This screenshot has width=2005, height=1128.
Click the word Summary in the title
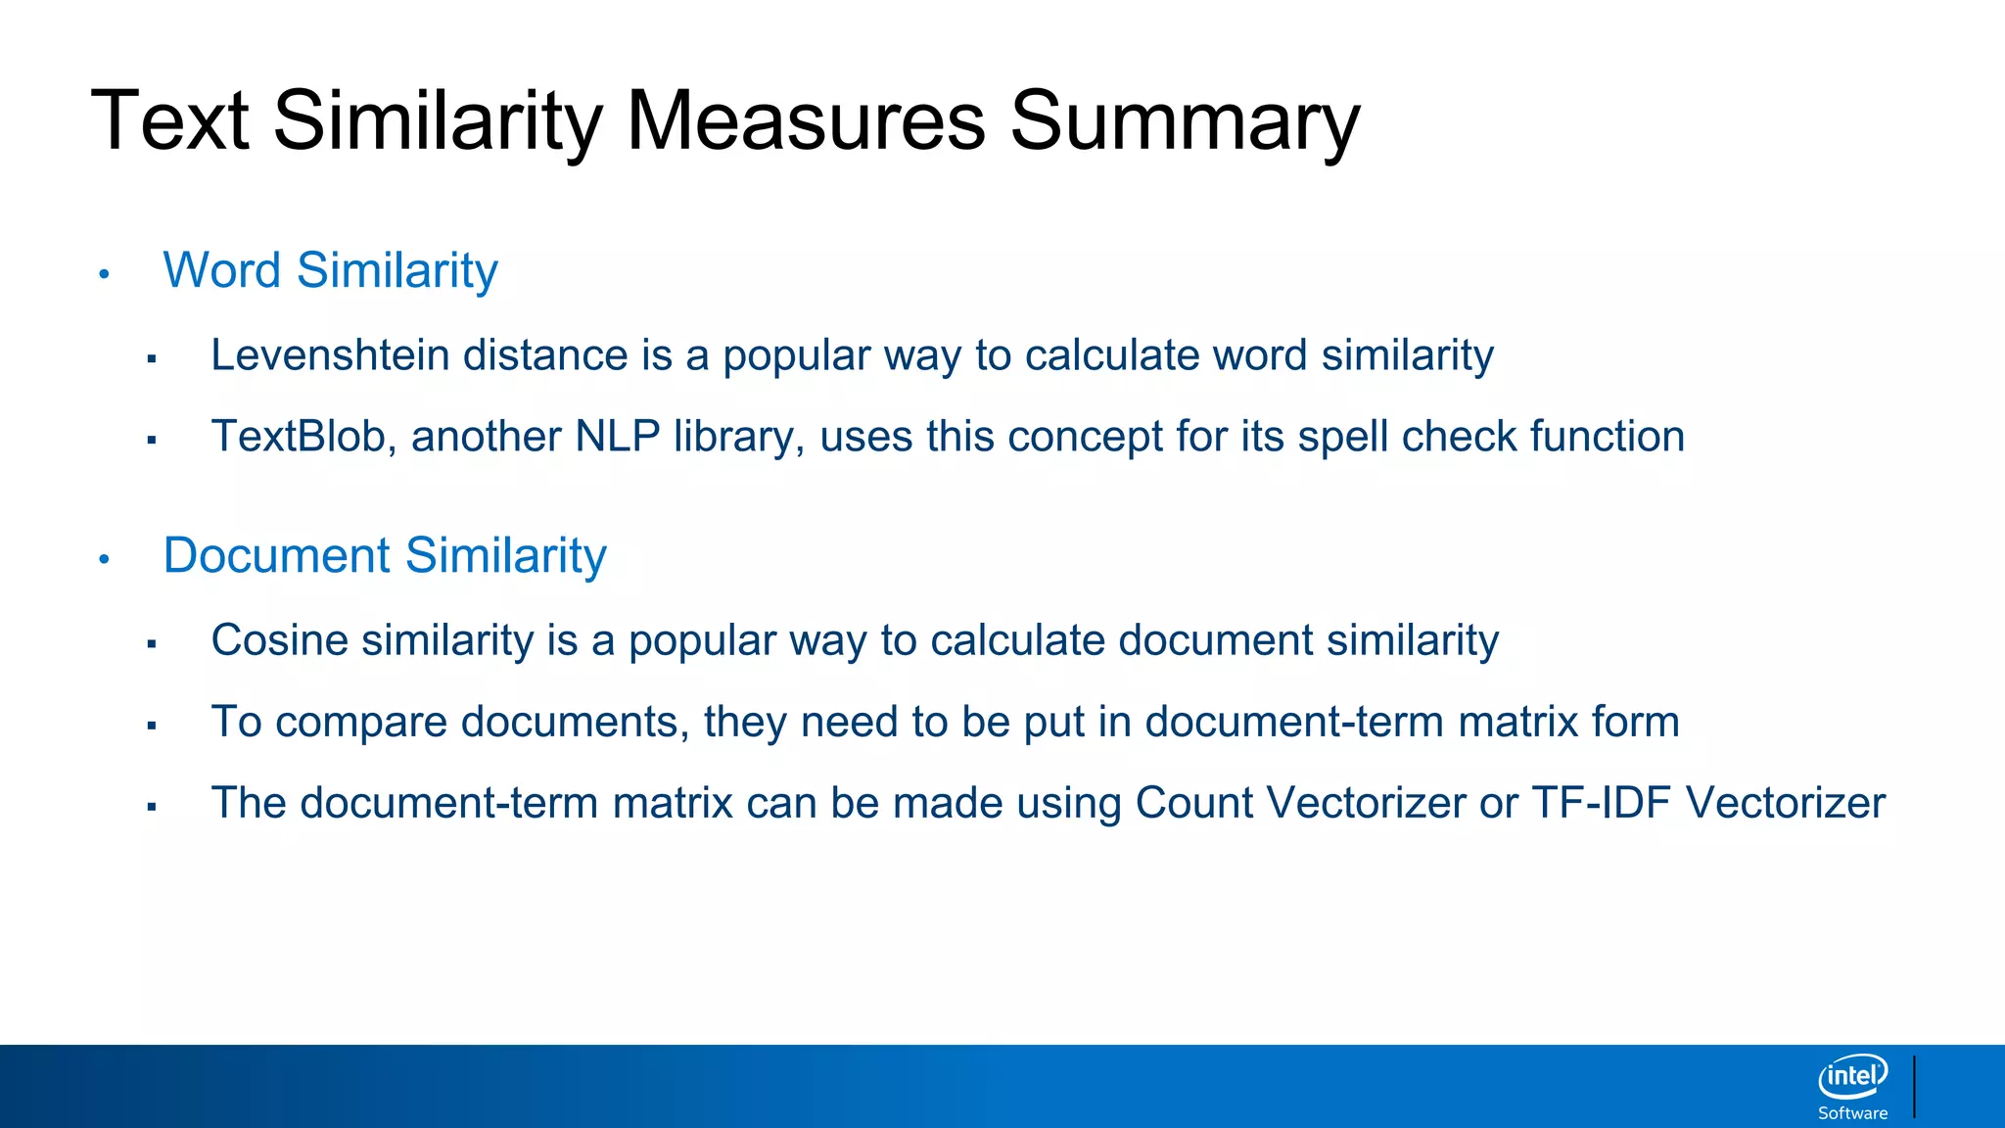point(1185,122)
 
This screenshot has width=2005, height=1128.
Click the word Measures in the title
point(805,122)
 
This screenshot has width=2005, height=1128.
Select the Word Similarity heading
point(330,270)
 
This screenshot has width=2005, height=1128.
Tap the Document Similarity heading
point(385,556)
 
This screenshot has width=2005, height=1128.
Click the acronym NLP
point(617,437)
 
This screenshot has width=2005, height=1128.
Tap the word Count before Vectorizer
point(1193,803)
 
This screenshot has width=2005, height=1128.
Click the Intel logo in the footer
point(1852,1077)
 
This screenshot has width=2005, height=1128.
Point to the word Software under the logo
point(1852,1113)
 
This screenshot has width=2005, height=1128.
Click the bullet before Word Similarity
point(104,274)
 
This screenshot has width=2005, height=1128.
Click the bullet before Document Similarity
point(104,560)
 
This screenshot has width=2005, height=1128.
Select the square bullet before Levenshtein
point(152,359)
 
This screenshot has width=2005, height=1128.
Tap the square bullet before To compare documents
point(152,726)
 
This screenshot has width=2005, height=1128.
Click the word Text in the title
point(169,122)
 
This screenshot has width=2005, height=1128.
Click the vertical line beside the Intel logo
point(1914,1086)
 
